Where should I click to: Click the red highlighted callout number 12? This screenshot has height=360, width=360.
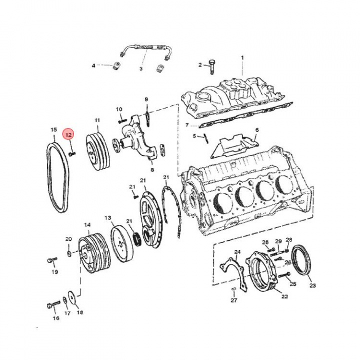click(69, 135)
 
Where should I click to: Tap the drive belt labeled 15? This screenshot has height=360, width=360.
click(57, 177)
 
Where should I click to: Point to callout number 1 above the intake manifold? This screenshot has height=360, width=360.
click(242, 57)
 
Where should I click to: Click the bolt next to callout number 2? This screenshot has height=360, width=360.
click(211, 67)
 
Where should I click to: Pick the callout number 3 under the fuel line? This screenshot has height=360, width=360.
click(140, 68)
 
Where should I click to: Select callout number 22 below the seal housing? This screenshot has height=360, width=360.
click(284, 296)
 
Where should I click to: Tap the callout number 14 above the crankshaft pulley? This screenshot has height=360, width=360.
click(87, 225)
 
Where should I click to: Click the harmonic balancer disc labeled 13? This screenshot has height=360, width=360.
click(122, 243)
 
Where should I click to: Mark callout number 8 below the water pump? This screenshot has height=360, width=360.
click(152, 170)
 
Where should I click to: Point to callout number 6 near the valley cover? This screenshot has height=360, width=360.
click(256, 130)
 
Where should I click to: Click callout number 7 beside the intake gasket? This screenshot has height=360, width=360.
click(187, 125)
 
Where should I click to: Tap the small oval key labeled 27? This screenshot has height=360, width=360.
click(233, 289)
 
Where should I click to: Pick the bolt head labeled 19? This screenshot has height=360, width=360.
click(52, 260)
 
